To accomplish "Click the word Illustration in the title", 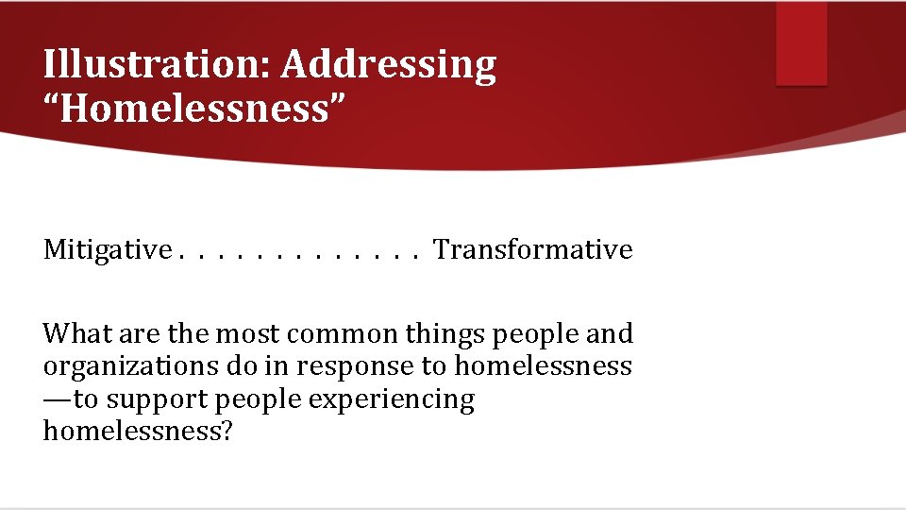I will (155, 65).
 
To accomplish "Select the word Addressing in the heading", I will (388, 65).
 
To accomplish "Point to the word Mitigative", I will (107, 250).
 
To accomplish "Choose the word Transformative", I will (533, 250).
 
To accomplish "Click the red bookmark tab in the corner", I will (801, 43).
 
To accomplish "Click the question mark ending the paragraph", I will (226, 432).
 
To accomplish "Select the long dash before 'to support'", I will (58, 400).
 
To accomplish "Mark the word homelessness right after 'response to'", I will (544, 365).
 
